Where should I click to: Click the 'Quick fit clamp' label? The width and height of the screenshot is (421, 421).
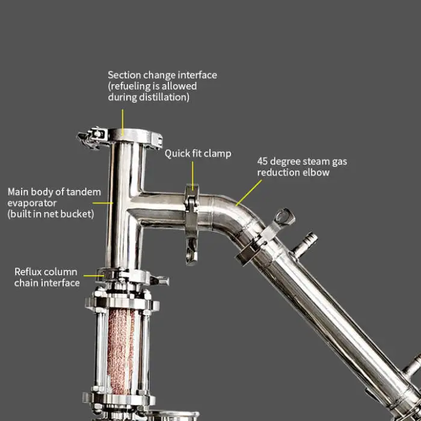coord(198,154)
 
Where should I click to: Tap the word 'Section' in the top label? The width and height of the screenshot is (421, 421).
coord(124,75)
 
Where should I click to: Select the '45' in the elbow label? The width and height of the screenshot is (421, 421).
coord(262,162)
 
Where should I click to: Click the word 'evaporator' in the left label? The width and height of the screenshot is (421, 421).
coord(32,203)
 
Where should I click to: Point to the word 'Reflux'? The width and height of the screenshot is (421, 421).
coord(28,272)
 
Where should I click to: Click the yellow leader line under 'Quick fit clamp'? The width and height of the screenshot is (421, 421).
coord(192,176)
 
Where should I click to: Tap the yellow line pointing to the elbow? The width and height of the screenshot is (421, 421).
coord(249,192)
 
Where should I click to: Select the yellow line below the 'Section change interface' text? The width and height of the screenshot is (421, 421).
coord(123,123)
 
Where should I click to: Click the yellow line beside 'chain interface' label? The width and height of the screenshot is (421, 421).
coord(94,275)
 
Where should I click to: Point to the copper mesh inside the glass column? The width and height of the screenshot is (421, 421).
coord(121,351)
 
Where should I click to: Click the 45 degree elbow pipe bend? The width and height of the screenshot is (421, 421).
coord(234,215)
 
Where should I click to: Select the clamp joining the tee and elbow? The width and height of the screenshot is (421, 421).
coord(192,224)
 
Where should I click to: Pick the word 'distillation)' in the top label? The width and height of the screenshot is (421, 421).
coord(164,97)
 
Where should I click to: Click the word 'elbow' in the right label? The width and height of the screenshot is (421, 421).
coord(316,173)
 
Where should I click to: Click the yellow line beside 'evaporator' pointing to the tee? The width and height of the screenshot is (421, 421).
coord(103,203)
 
